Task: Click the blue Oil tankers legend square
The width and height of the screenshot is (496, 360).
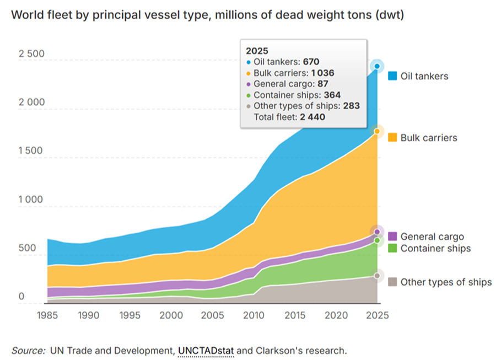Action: tap(392, 76)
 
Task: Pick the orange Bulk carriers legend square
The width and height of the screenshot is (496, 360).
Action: tap(392, 137)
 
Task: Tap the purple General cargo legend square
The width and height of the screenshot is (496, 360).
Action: tap(392, 237)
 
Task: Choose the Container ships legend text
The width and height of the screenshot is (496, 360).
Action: tap(435, 248)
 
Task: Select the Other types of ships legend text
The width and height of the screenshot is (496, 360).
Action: tap(446, 282)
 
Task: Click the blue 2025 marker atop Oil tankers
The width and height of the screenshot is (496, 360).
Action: tap(378, 67)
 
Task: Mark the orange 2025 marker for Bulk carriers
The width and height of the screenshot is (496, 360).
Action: tap(378, 131)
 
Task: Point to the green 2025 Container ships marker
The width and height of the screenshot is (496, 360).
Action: tap(378, 240)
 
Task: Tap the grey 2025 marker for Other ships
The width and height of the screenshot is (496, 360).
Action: tap(378, 275)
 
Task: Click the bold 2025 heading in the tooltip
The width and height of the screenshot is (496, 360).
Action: tap(257, 51)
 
